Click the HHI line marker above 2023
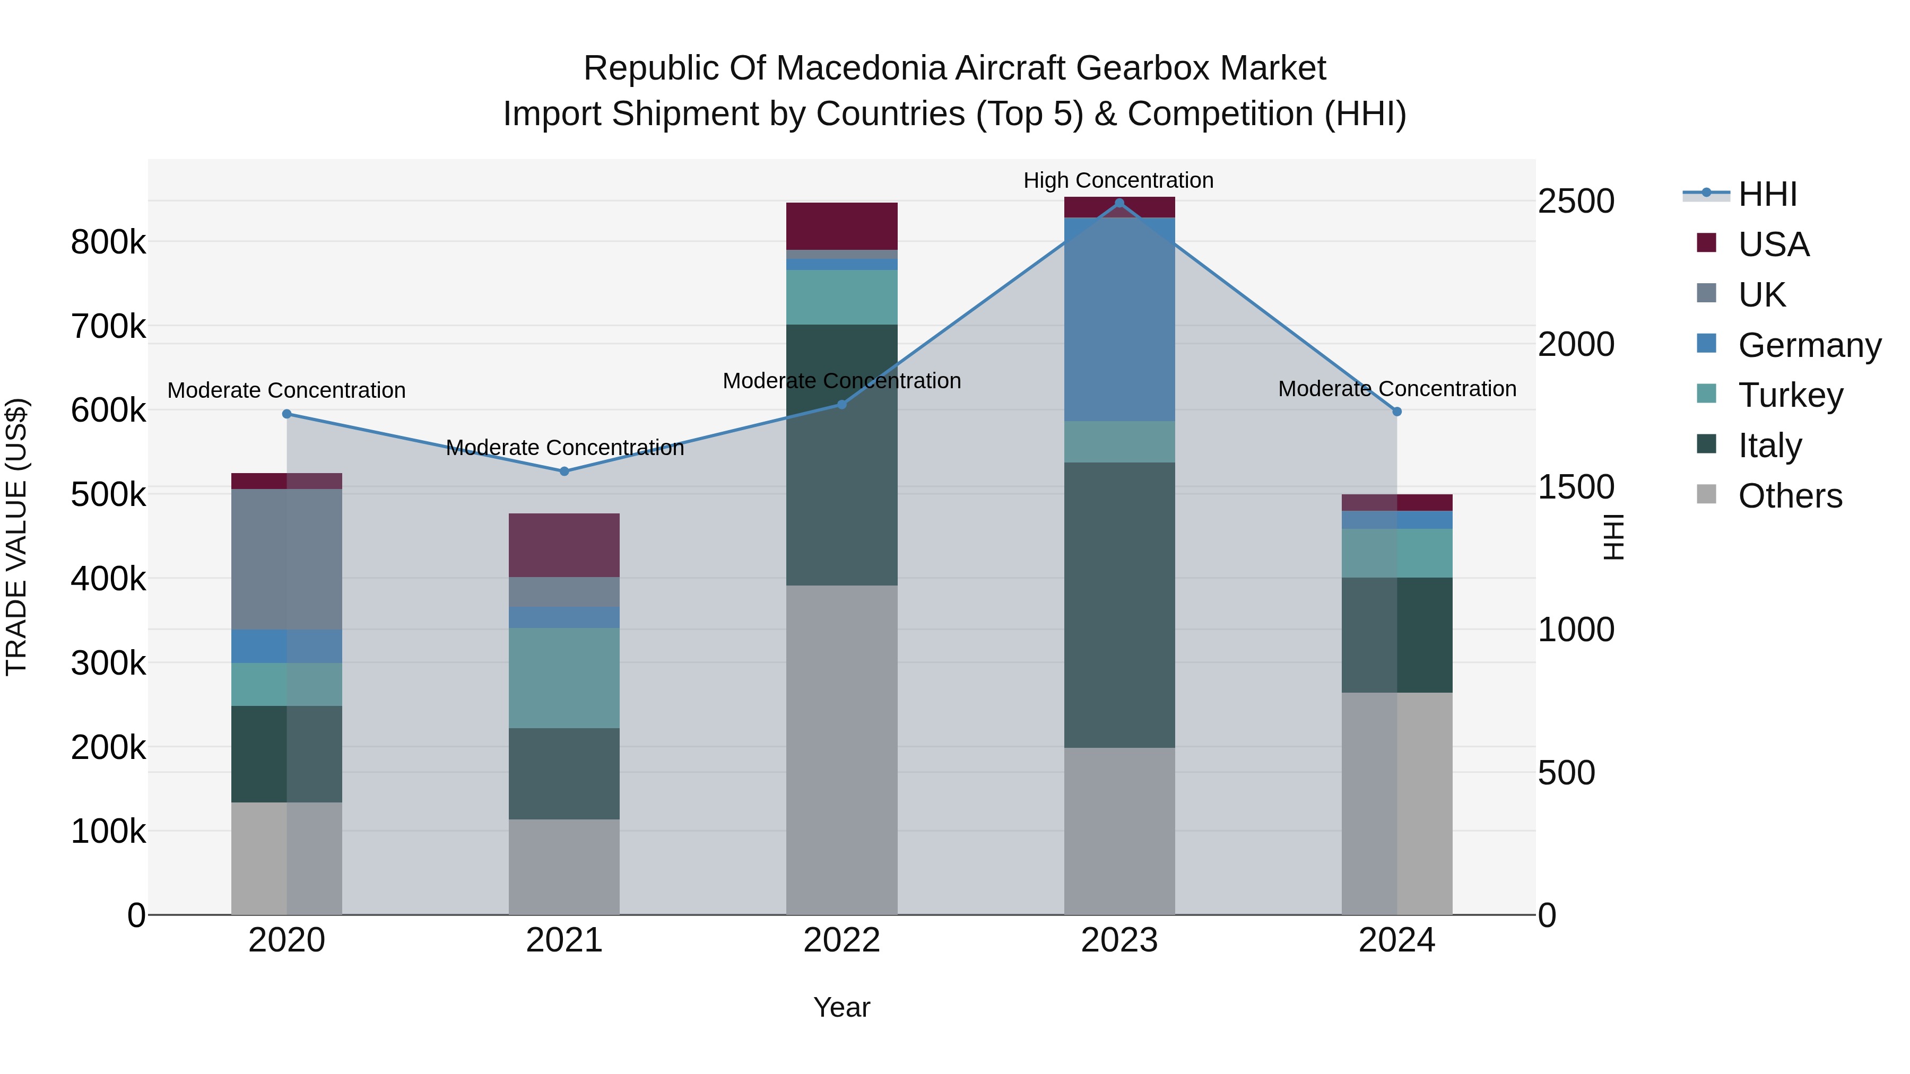click(x=1119, y=203)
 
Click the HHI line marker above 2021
click(x=565, y=471)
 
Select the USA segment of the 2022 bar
click(x=841, y=226)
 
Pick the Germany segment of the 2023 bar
click(x=1119, y=319)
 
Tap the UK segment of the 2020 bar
click(x=287, y=559)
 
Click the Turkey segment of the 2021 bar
click(x=565, y=677)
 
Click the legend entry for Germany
click(x=1809, y=345)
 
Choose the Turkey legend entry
click(x=1790, y=395)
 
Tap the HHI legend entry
click(x=1767, y=194)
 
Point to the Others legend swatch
click(x=1706, y=494)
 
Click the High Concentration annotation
click(x=1118, y=180)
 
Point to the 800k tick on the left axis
click(x=108, y=242)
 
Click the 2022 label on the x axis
click(x=841, y=940)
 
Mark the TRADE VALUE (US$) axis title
click(x=17, y=537)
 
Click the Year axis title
click(x=841, y=1007)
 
